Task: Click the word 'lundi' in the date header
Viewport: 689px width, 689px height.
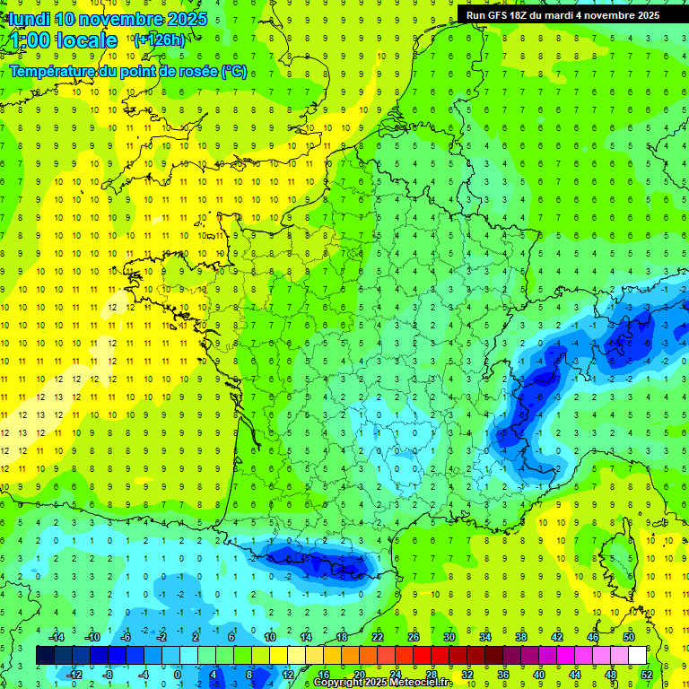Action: click(x=27, y=19)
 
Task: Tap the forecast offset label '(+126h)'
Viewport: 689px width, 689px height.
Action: click(x=159, y=39)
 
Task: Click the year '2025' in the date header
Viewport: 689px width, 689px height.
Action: click(x=188, y=19)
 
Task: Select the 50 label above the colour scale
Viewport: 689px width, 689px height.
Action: click(x=628, y=637)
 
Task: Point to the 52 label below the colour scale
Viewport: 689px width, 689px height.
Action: click(x=647, y=674)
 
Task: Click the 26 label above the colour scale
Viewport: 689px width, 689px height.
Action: click(x=414, y=637)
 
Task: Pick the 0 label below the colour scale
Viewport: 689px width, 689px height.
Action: click(x=179, y=674)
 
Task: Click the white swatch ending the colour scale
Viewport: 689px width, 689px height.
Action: click(x=637, y=655)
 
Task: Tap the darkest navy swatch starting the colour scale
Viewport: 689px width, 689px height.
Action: click(x=45, y=655)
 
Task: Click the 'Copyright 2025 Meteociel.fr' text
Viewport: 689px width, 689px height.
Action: click(x=395, y=683)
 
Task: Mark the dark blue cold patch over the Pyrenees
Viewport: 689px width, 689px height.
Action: click(x=323, y=563)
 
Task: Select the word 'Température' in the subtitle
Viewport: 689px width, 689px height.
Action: click(x=54, y=72)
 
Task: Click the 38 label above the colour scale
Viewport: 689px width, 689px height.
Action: click(x=521, y=637)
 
